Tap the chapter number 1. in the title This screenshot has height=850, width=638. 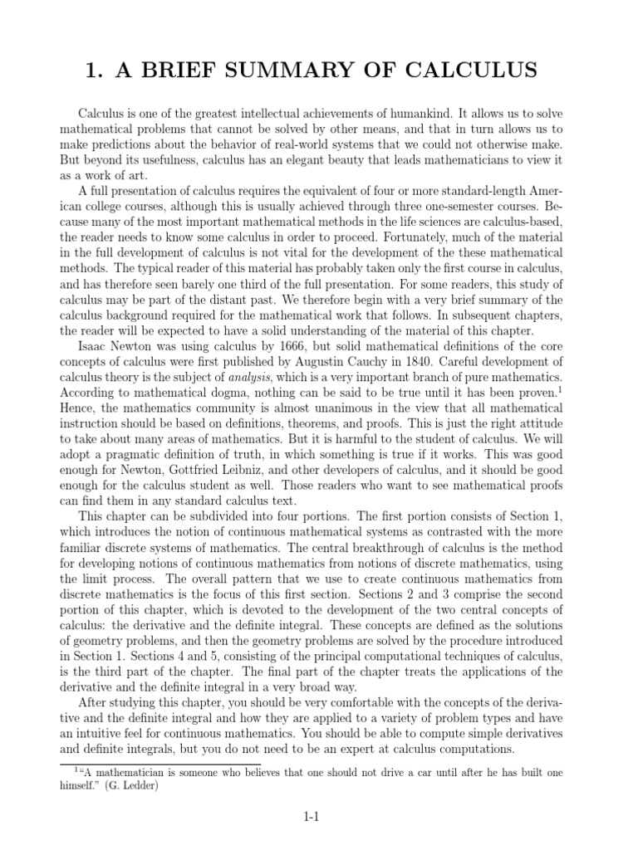tap(95, 71)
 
